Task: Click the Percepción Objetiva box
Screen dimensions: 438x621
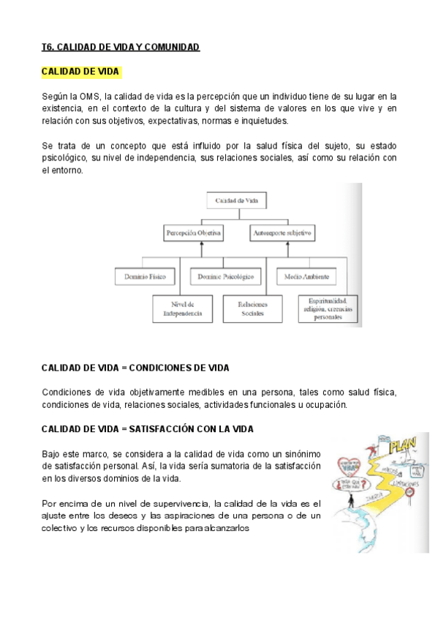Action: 194,233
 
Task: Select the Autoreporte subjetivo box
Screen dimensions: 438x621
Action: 282,233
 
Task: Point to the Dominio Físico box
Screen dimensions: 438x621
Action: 146,277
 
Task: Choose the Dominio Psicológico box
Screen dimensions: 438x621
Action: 226,277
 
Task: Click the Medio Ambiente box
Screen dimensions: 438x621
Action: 306,277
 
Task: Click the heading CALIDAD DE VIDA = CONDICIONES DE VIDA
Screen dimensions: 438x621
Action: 135,368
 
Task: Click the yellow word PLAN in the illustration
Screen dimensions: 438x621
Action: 403,445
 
